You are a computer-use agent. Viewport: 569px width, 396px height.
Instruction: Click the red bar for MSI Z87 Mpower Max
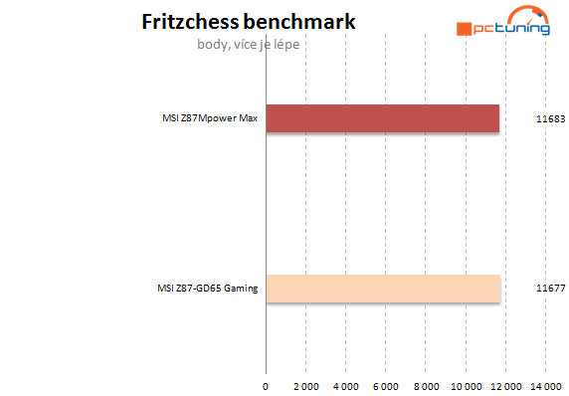[383, 119]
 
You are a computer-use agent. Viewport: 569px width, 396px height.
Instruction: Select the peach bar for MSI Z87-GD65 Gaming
[383, 289]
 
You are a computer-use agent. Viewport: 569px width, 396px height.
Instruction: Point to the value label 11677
[550, 290]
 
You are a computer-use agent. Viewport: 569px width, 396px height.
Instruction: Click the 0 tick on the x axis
[266, 384]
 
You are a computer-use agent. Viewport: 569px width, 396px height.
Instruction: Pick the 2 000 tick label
[305, 384]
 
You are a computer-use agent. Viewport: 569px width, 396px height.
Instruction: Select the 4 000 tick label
[345, 384]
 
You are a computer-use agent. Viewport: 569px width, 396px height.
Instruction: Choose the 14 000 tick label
[545, 384]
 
